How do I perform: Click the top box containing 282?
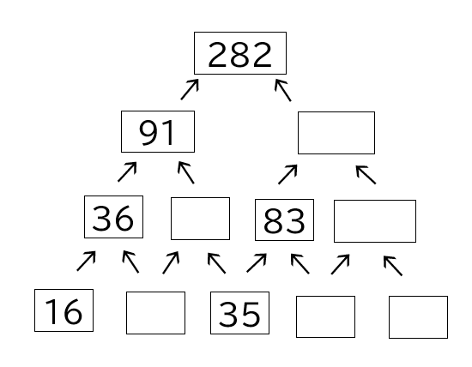[240, 53]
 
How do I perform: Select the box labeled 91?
[158, 131]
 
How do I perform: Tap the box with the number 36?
[113, 217]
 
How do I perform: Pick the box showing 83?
[284, 220]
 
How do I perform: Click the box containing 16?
[64, 310]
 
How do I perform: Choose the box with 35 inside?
[240, 313]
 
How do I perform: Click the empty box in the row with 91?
[336, 133]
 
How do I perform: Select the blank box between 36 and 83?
[200, 219]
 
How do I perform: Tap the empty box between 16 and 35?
[155, 313]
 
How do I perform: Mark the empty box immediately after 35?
[325, 316]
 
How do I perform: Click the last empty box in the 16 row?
[418, 317]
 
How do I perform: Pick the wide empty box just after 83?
[375, 221]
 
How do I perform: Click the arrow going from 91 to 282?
[190, 89]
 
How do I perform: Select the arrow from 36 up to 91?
[127, 171]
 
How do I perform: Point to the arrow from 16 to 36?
[87, 262]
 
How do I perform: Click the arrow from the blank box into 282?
[283, 90]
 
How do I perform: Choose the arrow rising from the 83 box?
[287, 174]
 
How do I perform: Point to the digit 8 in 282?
[240, 55]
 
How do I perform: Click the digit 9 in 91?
[148, 133]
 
